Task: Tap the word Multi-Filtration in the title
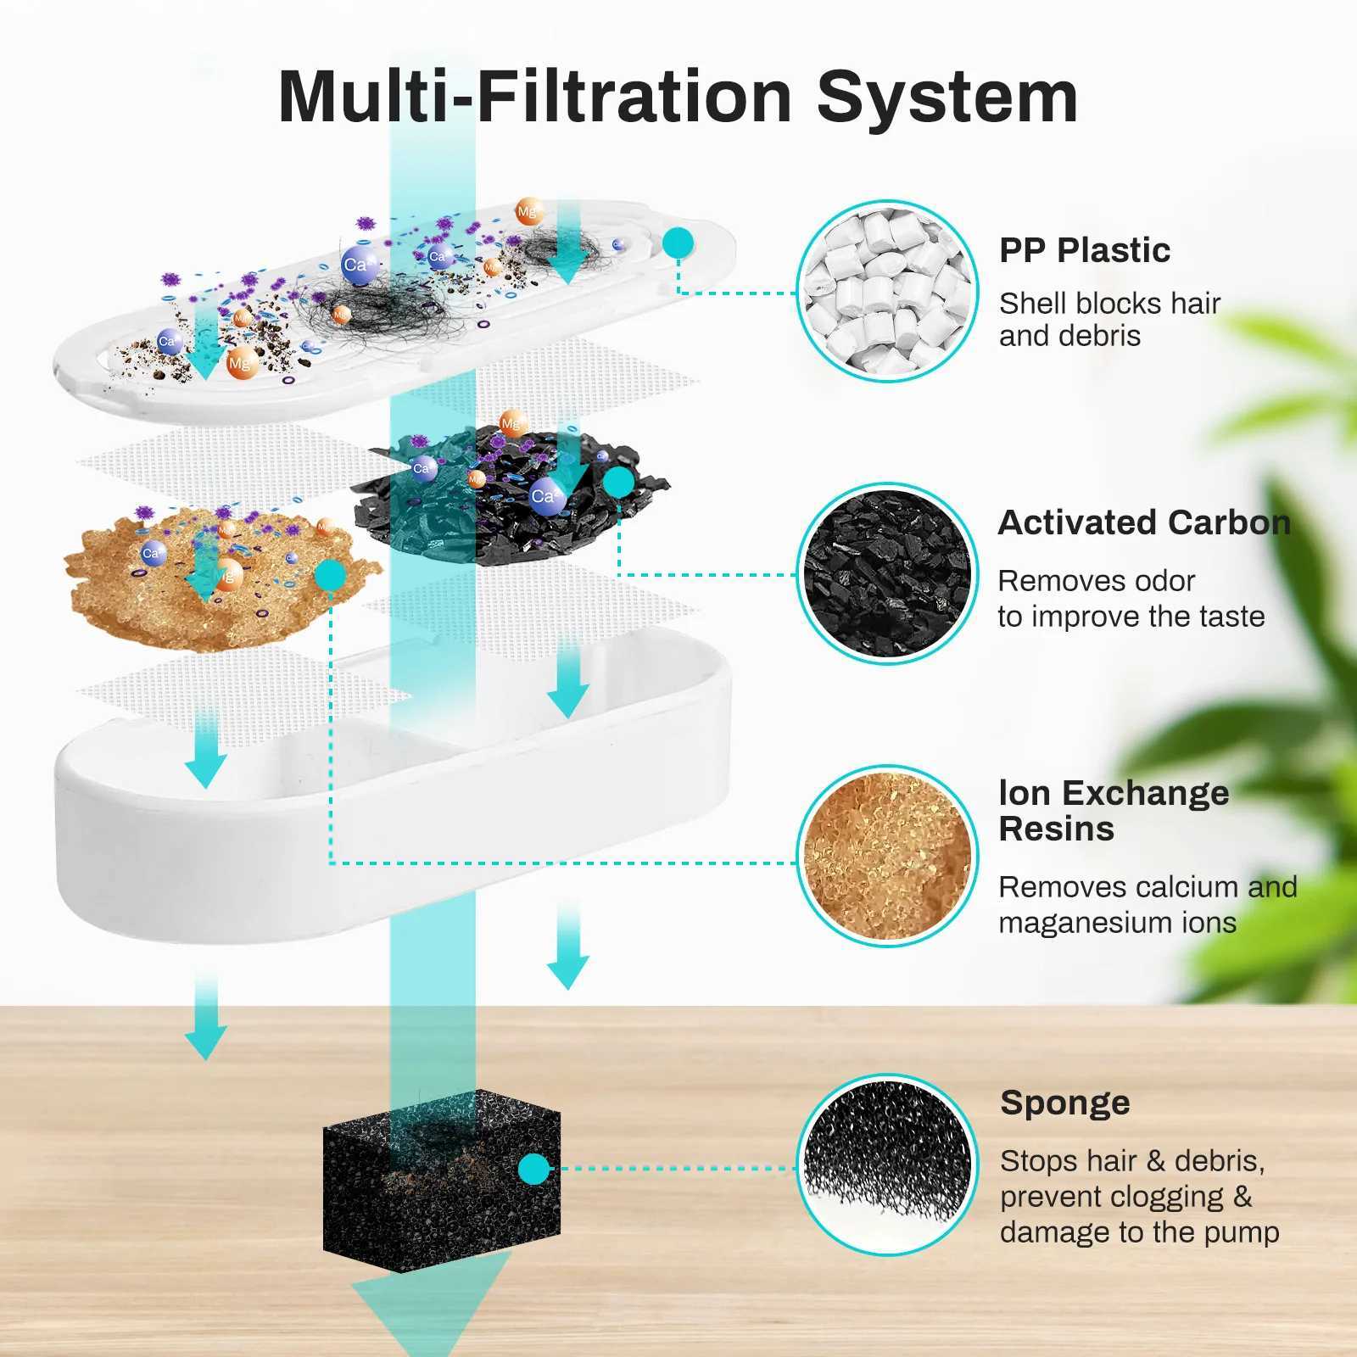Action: click(x=534, y=97)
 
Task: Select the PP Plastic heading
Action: click(x=1084, y=251)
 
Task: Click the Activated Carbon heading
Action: click(x=1143, y=522)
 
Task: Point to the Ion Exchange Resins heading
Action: click(x=1113, y=811)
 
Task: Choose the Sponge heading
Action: click(x=1064, y=1103)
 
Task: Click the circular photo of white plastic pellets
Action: click(x=887, y=291)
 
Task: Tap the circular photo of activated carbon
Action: click(x=887, y=574)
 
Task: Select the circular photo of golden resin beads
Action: click(x=887, y=856)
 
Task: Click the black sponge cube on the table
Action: click(x=441, y=1179)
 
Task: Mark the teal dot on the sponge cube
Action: click(x=533, y=1169)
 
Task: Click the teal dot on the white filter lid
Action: click(x=678, y=243)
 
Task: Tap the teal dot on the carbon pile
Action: click(x=618, y=483)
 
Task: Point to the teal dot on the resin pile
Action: click(x=330, y=576)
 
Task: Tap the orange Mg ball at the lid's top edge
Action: click(x=529, y=212)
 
